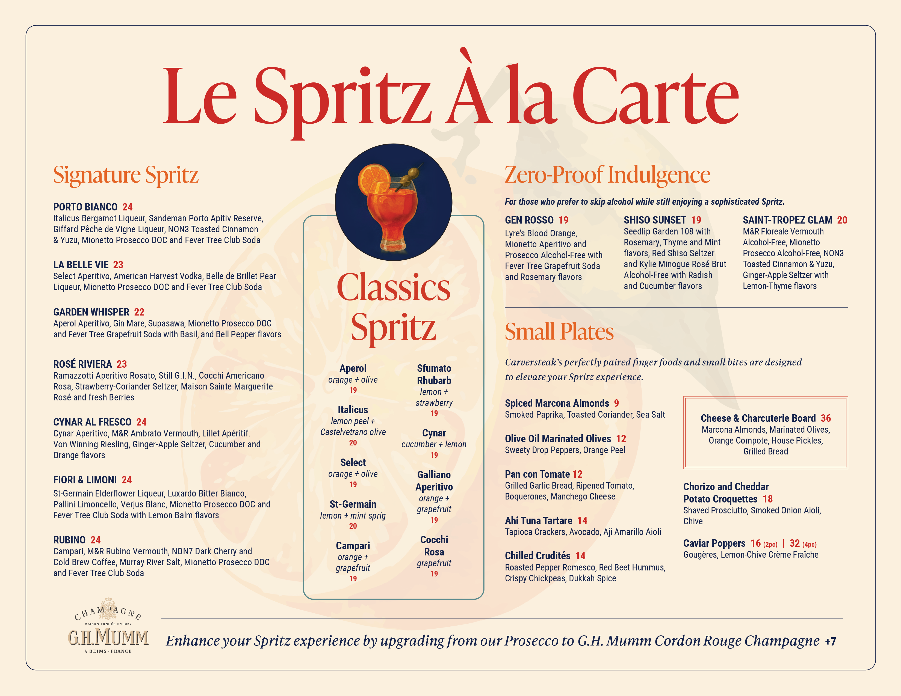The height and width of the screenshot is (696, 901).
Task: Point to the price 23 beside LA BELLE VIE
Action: [x=119, y=265]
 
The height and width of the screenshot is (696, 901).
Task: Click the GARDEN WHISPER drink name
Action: [x=91, y=312]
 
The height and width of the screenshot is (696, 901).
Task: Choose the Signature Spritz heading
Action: [x=126, y=175]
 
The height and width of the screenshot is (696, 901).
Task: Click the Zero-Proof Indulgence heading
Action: [x=607, y=175]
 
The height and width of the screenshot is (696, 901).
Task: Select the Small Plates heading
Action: [x=559, y=332]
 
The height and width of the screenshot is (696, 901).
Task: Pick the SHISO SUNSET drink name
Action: [x=655, y=220]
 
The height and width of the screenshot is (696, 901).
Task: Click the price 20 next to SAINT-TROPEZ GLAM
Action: [x=842, y=220]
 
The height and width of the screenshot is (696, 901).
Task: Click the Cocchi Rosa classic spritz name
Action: [x=434, y=546]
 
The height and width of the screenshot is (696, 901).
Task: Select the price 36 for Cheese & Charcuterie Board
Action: [x=826, y=418]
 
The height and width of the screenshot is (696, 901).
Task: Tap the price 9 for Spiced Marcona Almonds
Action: [x=616, y=403]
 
